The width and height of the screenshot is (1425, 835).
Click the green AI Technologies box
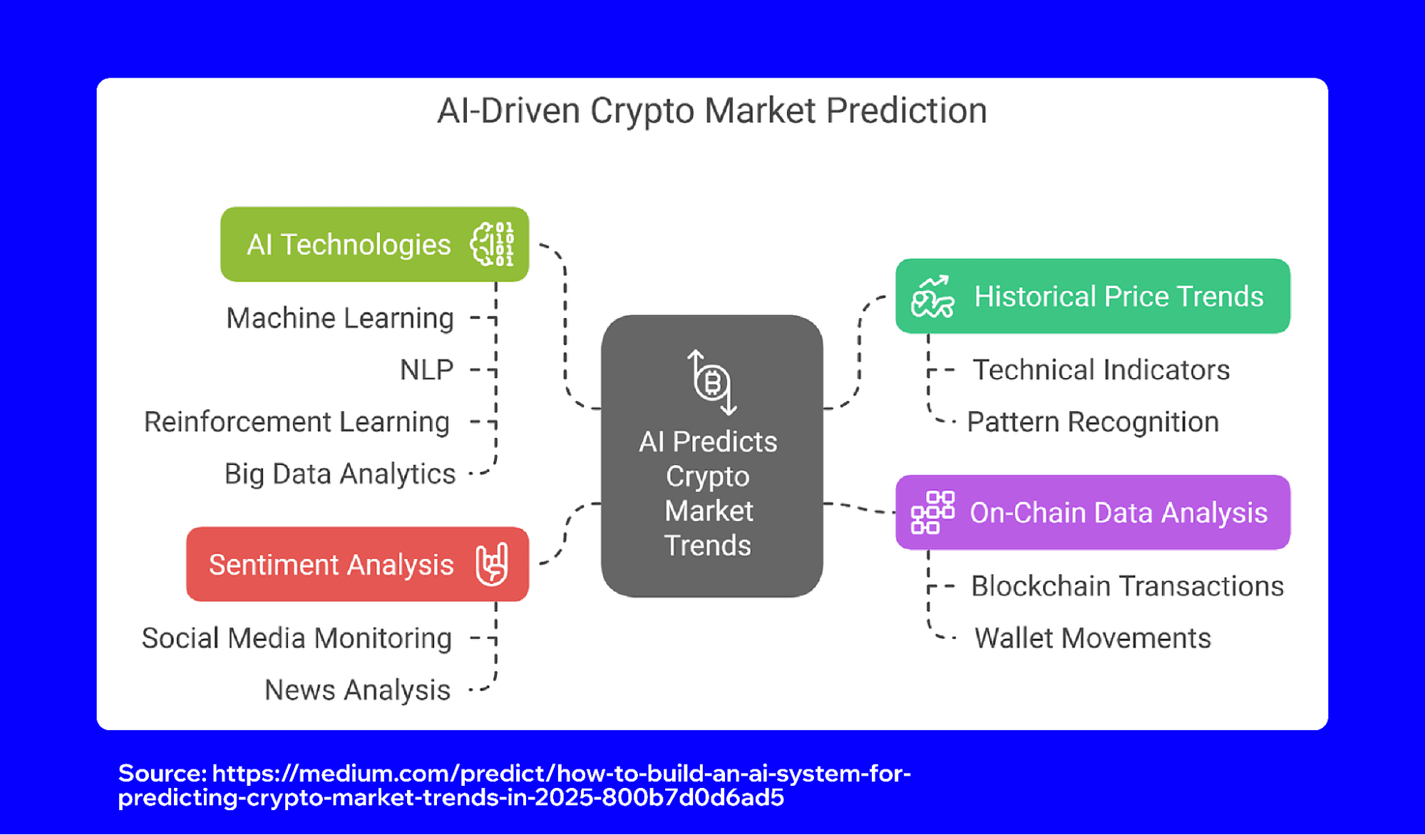point(349,245)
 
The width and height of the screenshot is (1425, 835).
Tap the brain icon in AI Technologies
point(492,245)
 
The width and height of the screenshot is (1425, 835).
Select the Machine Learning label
point(340,318)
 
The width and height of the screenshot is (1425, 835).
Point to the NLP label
point(426,370)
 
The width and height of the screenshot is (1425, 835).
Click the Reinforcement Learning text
point(297,422)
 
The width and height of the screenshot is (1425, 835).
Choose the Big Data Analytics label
point(340,474)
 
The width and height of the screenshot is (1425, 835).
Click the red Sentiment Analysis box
point(331,565)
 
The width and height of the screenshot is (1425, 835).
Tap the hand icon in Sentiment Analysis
point(492,565)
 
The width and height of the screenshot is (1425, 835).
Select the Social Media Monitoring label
point(297,638)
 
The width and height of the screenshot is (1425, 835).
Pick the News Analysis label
point(357,690)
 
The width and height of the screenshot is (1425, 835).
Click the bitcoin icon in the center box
point(712,383)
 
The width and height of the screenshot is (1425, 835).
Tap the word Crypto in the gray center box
point(708,476)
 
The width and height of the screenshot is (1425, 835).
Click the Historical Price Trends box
point(1118,297)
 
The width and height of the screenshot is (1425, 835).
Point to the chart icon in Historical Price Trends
point(932,297)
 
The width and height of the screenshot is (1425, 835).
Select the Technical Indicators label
point(1101,370)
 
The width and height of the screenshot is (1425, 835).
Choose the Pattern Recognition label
point(1093,422)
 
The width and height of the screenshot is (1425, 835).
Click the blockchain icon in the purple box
point(932,513)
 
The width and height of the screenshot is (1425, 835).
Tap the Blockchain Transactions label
point(1127,586)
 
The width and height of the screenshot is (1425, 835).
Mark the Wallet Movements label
point(1093,638)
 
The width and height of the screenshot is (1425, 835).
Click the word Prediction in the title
point(906,111)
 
